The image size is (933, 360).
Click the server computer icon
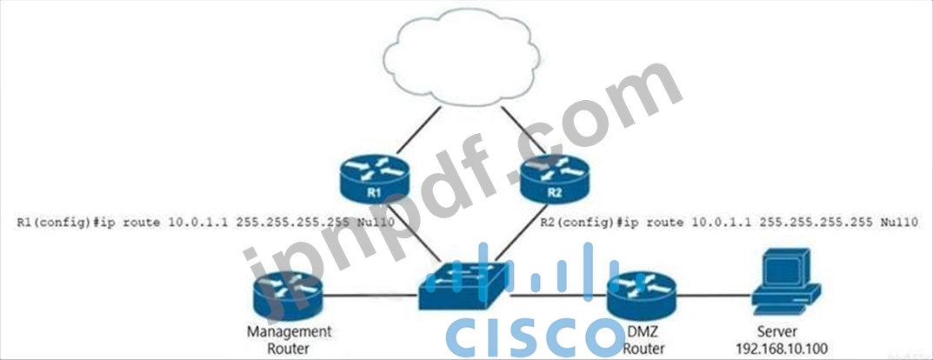click(786, 282)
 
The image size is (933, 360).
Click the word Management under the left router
click(289, 332)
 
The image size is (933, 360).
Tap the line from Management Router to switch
click(370, 296)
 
